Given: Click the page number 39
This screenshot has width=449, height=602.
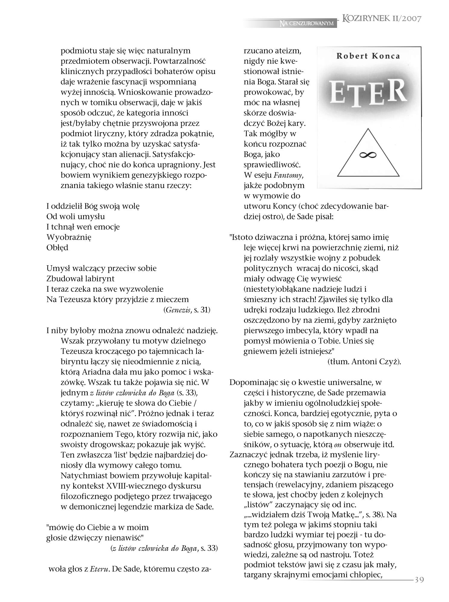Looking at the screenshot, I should point(419,580).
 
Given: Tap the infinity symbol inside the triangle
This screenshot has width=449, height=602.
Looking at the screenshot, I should point(368,154).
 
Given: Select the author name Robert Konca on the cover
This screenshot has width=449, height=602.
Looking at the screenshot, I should point(368,56).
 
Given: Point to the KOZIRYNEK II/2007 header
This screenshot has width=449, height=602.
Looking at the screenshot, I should point(382,19).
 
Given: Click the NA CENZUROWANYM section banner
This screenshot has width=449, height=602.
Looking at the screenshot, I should point(306,23).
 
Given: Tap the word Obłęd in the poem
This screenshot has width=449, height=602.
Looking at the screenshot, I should point(57,248).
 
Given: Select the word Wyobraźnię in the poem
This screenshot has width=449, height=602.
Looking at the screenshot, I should point(69,237).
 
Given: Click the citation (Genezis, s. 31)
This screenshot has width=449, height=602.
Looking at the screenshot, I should point(187,310).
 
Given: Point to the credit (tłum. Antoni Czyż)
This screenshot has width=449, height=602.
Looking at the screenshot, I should point(364,362).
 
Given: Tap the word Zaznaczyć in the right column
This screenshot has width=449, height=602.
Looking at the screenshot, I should point(249,454).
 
